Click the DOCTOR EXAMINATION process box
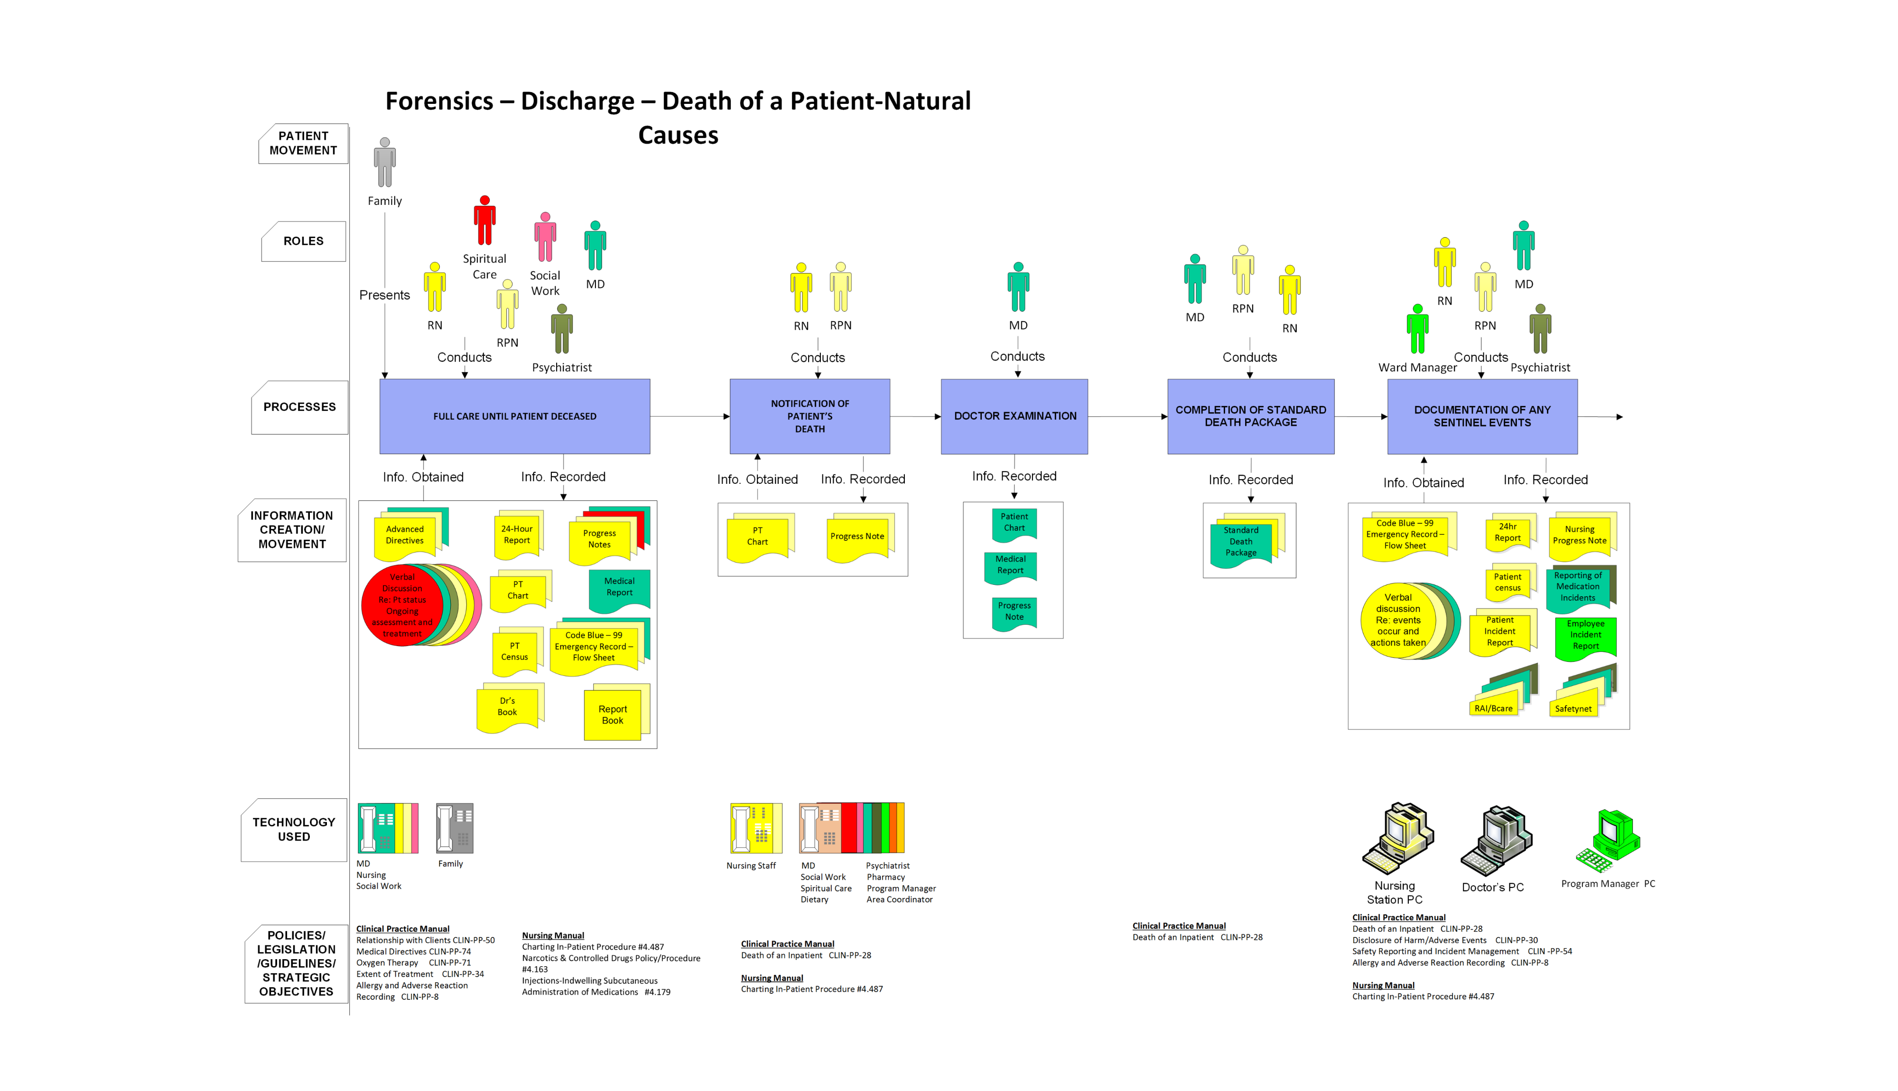tap(1014, 416)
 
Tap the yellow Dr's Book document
tap(507, 707)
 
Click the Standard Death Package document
tap(1241, 542)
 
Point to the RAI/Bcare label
tap(1493, 708)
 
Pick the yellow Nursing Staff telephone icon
tap(755, 828)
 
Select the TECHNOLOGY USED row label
tap(294, 830)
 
